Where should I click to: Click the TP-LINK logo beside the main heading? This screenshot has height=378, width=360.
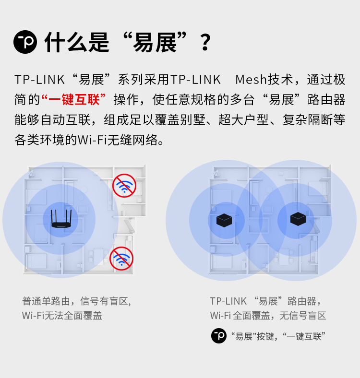25,42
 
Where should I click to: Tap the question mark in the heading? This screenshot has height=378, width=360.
205,42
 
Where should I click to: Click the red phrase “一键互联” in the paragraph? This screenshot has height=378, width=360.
73,99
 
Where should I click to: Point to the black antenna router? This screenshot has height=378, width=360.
61,219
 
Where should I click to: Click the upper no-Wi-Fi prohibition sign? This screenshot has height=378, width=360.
124,186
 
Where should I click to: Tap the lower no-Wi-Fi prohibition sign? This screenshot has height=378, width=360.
121,259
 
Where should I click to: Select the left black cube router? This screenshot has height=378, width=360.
224,220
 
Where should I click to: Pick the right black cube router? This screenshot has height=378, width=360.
298,219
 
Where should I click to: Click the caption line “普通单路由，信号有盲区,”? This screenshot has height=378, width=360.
77,301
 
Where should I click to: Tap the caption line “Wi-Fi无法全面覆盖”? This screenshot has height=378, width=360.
62,315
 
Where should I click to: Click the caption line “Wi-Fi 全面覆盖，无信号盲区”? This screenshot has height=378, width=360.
268,315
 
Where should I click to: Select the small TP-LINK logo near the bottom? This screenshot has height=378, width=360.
219,336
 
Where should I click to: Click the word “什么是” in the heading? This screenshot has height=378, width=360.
77,42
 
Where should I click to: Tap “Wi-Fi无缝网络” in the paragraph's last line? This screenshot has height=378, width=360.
118,140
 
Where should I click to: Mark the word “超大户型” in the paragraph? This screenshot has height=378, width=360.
244,119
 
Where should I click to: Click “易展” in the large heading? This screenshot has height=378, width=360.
155,42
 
